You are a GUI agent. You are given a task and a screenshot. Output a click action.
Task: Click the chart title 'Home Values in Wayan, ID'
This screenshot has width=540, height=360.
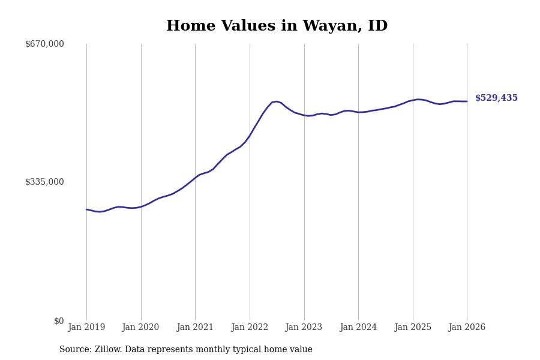(277, 26)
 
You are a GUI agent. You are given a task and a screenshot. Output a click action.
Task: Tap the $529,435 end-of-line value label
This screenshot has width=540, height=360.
(496, 98)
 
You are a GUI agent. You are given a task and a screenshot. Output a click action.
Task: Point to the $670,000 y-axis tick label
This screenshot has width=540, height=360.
(44, 44)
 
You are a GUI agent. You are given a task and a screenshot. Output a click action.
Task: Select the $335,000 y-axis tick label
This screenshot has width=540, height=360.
(44, 182)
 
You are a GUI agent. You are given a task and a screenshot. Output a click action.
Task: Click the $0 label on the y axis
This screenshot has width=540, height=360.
(59, 321)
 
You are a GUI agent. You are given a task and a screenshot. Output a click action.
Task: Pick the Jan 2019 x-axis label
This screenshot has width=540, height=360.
(86, 327)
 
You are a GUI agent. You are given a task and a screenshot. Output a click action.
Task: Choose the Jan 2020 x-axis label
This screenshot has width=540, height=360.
(140, 327)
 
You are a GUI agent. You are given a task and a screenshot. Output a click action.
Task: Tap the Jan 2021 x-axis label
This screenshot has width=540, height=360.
(195, 327)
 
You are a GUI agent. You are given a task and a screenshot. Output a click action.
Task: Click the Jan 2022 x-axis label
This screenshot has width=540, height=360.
(250, 327)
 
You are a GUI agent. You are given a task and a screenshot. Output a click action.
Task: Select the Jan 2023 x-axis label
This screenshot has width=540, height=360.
(304, 327)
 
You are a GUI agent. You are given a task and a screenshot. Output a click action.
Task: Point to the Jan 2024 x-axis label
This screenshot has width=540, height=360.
(358, 327)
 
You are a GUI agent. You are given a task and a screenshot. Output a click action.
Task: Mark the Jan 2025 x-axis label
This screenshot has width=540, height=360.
(413, 327)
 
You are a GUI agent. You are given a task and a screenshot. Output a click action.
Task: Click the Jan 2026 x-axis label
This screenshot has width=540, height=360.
(467, 327)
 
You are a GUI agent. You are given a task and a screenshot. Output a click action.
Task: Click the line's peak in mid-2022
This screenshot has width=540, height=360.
(276, 101)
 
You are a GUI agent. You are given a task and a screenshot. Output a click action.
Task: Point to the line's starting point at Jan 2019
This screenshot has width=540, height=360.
(86, 209)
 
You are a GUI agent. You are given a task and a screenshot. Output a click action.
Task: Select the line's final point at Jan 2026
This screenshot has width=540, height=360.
(467, 101)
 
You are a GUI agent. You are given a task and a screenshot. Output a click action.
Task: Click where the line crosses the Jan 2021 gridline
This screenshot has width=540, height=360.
(195, 178)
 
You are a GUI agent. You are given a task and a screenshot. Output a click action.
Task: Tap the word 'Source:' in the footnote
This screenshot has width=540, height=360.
(76, 350)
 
